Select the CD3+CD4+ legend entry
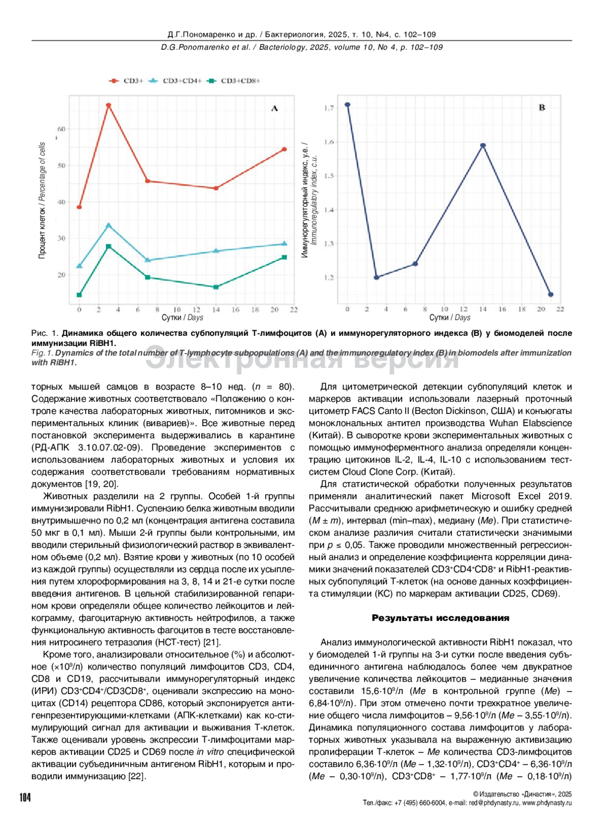click(176, 81)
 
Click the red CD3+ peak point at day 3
click(108, 105)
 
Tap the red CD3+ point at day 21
click(284, 149)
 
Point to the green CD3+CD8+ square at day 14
click(216, 287)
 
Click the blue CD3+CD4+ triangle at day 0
click(79, 266)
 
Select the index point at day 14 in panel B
click(483, 146)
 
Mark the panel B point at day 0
click(347, 105)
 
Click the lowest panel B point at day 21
click(551, 295)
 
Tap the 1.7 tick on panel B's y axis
click(329, 108)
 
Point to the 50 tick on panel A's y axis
click(61, 166)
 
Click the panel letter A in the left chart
click(274, 108)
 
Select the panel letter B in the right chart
click(542, 107)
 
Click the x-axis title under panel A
click(182, 317)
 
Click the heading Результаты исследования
click(440, 618)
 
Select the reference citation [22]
click(136, 776)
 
